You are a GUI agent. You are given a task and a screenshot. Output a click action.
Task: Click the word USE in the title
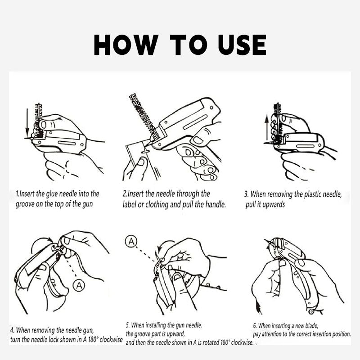pyautogui.click(x=242, y=45)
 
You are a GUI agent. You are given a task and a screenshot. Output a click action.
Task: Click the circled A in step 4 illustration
pyautogui.click(x=79, y=286)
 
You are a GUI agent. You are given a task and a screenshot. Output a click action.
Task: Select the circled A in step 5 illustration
pyautogui.click(x=131, y=241)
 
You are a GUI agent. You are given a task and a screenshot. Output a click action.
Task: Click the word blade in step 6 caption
pyautogui.click(x=311, y=325)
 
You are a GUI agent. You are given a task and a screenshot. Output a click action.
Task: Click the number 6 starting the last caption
pyautogui.click(x=255, y=325)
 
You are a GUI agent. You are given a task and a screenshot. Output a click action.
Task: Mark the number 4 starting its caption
pyautogui.click(x=12, y=330)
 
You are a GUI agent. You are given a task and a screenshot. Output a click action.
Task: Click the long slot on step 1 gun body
pyautogui.click(x=67, y=143)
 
